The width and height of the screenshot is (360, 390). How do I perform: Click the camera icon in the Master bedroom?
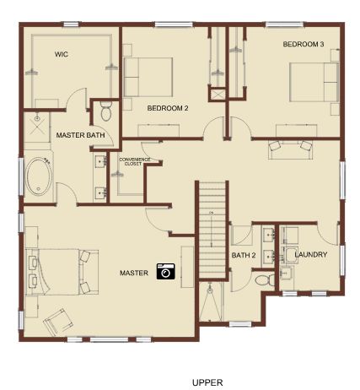pos(166,271)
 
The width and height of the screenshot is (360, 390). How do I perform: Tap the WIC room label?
pos(62,54)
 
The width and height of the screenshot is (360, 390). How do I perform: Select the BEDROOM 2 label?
pos(168,108)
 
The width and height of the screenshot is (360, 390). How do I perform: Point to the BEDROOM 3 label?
pos(304,44)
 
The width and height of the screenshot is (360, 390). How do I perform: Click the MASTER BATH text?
pos(80,135)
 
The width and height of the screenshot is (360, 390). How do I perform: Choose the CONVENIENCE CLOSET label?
pos(135,161)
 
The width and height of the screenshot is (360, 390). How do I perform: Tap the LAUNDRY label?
pos(311,255)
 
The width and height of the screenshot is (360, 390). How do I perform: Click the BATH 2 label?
pos(244,256)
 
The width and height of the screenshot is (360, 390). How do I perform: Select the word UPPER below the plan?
pos(207,382)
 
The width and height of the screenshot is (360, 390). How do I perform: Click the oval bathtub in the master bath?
pos(39,176)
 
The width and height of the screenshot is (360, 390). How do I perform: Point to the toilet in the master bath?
pos(106,111)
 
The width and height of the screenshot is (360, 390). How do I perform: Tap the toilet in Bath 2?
pos(265,280)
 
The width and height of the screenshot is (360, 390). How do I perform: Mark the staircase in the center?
pos(212,230)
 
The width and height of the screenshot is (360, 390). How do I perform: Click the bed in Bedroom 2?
pos(148,77)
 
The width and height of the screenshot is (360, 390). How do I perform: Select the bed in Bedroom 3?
pos(314,82)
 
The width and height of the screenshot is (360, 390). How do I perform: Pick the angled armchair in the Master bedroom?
pos(58,322)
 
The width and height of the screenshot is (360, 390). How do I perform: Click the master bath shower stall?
pos(37,127)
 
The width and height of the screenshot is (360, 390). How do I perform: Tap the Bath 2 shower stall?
pos(210,301)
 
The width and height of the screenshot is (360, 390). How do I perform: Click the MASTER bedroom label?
pos(134,273)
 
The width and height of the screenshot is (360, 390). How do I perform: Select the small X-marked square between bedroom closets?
pos(218,95)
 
